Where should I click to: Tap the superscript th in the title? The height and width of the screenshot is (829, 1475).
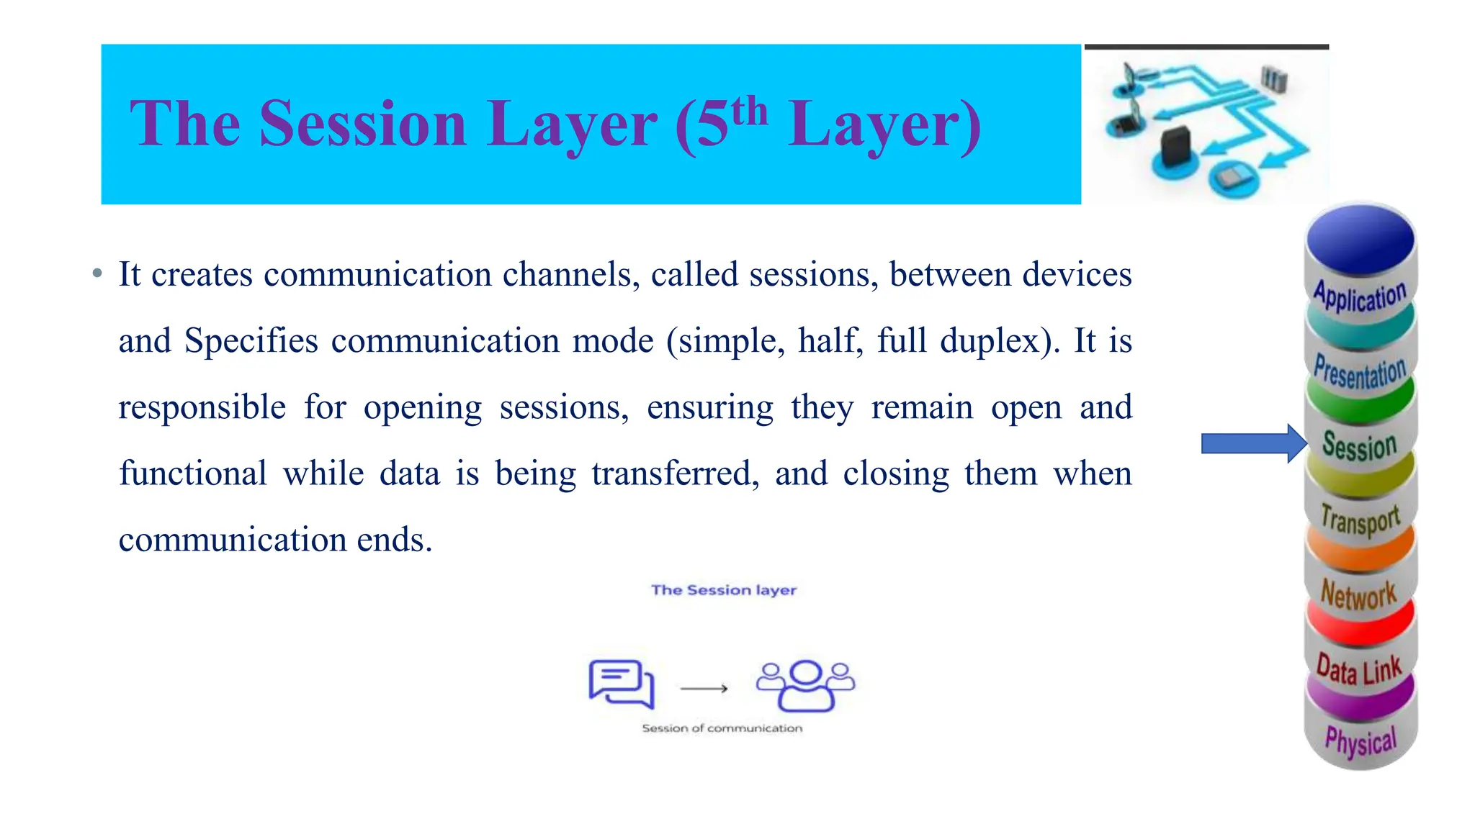[x=749, y=111]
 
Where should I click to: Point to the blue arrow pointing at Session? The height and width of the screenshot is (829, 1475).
[x=1253, y=443]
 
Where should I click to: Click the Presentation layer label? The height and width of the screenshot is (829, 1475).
[x=1360, y=372]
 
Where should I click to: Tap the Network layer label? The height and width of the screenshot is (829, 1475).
[x=1358, y=595]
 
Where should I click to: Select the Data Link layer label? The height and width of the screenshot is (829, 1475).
[x=1359, y=670]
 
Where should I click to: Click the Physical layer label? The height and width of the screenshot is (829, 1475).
[x=1360, y=742]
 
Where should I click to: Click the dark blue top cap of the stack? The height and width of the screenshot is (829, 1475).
[x=1360, y=237]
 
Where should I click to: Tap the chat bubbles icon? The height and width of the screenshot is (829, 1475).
[x=622, y=683]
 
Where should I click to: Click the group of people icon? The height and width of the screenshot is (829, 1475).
[x=805, y=685]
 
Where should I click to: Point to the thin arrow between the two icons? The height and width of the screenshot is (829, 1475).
[x=704, y=689]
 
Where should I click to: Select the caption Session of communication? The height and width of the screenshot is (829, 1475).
[x=722, y=728]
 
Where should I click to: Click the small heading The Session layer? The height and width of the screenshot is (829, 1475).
[x=724, y=590]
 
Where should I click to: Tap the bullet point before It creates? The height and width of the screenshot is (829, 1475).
[x=97, y=274]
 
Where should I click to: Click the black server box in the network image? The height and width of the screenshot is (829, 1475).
[x=1175, y=145]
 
